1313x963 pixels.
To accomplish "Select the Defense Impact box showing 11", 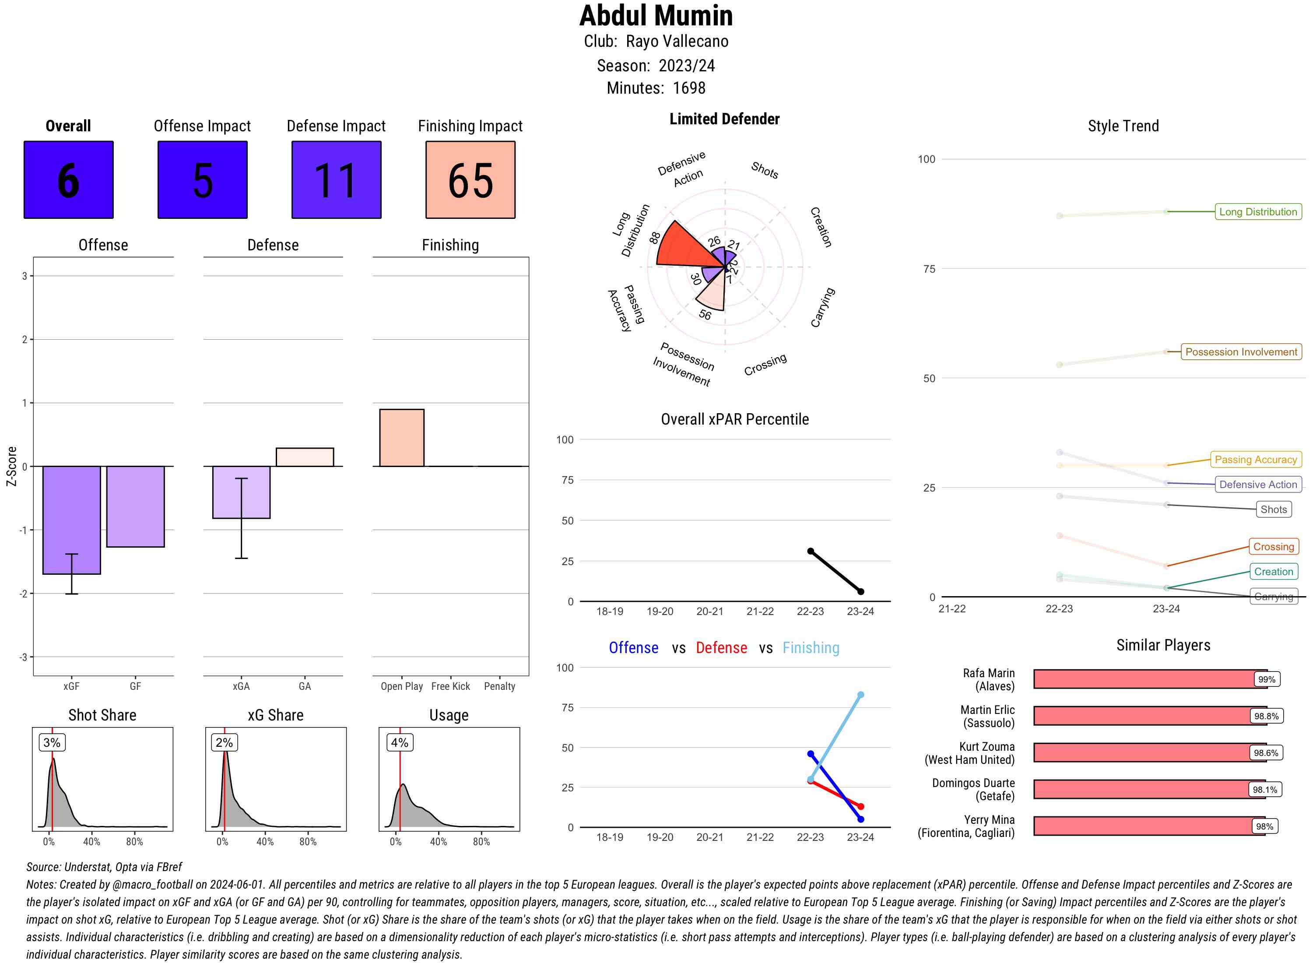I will coord(336,179).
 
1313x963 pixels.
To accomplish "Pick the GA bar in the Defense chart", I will coord(305,457).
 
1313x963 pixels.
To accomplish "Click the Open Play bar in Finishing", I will coord(401,438).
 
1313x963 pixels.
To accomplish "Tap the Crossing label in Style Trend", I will coord(1273,547).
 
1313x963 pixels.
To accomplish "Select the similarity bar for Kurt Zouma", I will coord(1142,752).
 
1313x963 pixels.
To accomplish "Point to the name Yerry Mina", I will coord(989,819).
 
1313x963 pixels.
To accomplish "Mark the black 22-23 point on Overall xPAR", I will coord(811,551).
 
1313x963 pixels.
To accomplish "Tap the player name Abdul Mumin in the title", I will coord(656,16).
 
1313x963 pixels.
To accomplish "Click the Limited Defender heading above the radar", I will coord(724,119).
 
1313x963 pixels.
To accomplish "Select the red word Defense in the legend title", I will coord(721,648).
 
